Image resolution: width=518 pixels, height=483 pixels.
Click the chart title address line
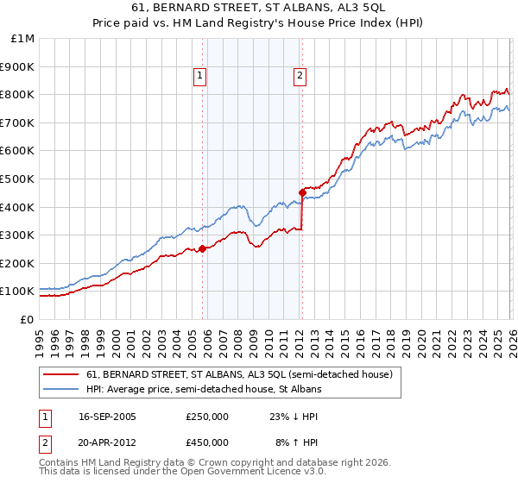(258, 9)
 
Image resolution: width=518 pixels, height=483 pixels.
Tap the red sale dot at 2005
(202, 249)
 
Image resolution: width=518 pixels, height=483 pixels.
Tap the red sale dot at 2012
(302, 192)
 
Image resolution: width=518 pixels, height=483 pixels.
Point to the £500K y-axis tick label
(17, 179)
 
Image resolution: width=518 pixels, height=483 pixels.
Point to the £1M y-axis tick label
(22, 38)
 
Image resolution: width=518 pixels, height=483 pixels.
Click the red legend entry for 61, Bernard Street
(239, 374)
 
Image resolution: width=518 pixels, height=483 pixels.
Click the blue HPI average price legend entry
(204, 389)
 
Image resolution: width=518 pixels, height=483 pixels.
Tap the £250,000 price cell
(207, 417)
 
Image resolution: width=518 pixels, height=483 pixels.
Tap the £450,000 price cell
(207, 442)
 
